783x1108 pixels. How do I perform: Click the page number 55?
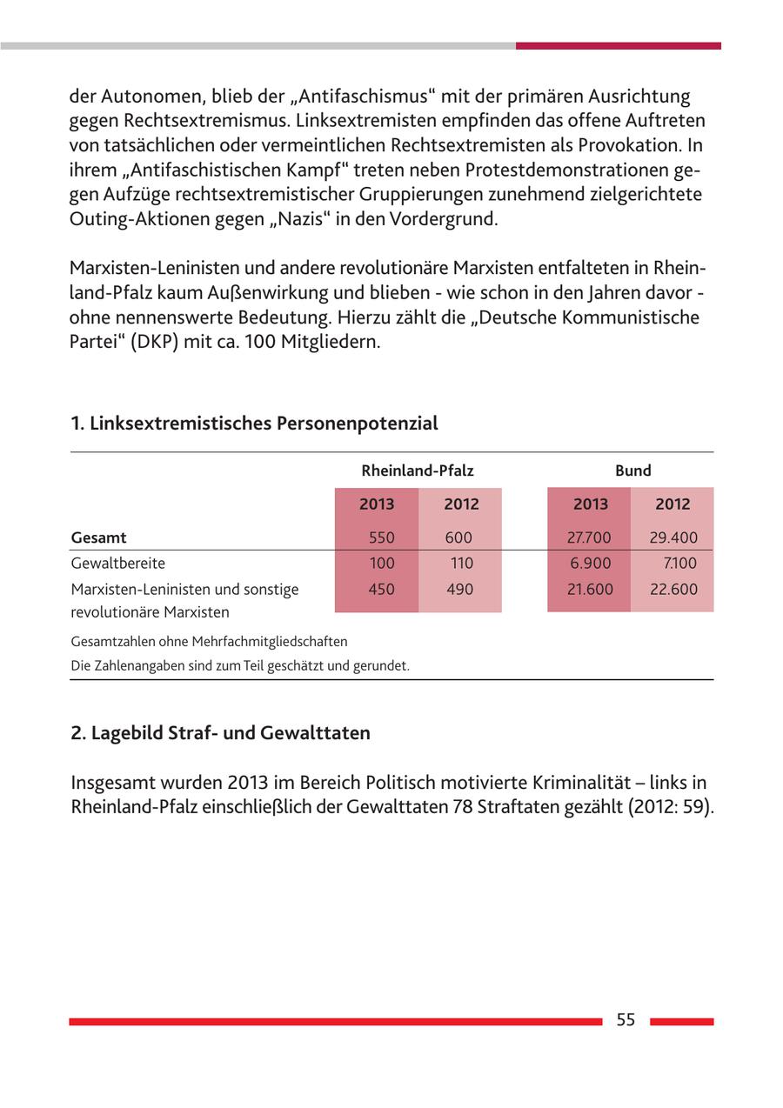626,1020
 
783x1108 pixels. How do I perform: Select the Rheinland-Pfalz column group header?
418,471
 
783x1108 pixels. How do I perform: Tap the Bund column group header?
632,471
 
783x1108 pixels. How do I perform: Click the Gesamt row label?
99,537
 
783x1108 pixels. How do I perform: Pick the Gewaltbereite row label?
118,563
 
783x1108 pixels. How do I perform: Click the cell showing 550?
381,537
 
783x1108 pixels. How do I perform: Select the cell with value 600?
458,537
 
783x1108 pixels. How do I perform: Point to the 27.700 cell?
589,537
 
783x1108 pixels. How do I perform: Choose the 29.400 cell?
673,537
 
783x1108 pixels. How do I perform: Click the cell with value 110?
461,563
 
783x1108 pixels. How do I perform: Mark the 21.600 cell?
590,589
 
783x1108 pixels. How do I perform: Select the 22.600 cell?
673,589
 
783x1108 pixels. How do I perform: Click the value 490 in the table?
459,589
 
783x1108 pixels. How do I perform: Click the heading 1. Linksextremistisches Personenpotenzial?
254,424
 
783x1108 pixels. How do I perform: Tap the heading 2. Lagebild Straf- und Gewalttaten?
220,733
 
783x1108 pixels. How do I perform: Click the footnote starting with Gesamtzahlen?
209,642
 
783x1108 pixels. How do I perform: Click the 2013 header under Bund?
590,504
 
